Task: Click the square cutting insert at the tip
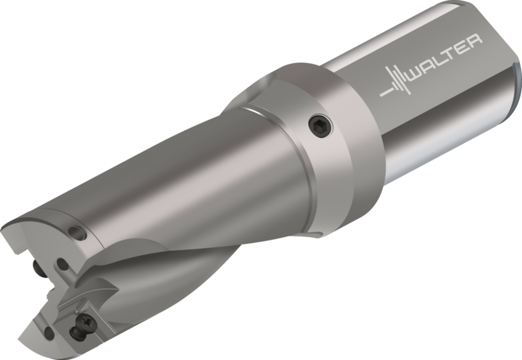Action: point(76,308)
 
